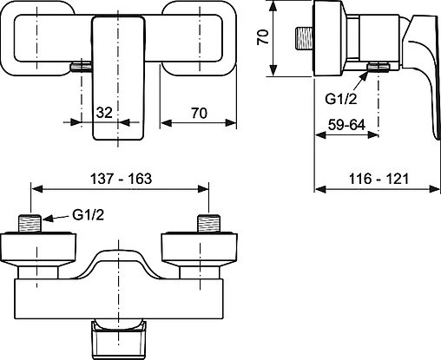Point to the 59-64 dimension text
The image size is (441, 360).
345,124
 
